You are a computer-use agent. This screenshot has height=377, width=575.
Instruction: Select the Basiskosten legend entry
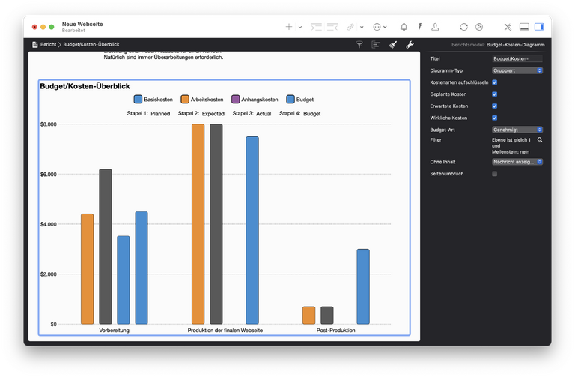153,100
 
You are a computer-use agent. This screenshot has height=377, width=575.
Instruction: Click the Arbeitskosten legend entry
201,100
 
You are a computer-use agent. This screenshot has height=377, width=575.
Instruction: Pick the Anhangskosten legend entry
255,100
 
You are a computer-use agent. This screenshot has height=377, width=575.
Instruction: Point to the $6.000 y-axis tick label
48,174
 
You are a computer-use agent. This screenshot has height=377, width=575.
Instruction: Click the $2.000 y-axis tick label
48,274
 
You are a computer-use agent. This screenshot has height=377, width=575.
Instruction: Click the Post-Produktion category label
335,331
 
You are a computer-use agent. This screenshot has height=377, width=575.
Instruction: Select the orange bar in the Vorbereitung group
88,268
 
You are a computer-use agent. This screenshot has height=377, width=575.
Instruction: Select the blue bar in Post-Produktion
362,286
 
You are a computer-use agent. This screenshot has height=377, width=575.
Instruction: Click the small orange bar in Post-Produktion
308,315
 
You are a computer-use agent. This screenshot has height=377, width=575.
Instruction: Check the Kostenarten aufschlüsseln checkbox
494,82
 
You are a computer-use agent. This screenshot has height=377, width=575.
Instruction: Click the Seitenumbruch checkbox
494,174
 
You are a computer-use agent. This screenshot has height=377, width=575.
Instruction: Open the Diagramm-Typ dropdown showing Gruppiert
517,70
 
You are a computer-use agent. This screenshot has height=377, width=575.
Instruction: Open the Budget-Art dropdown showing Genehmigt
517,130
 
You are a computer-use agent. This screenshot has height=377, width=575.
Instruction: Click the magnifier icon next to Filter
540,140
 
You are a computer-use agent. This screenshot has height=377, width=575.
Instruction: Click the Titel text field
517,58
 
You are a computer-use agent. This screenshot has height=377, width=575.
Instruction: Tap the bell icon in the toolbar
404,27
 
